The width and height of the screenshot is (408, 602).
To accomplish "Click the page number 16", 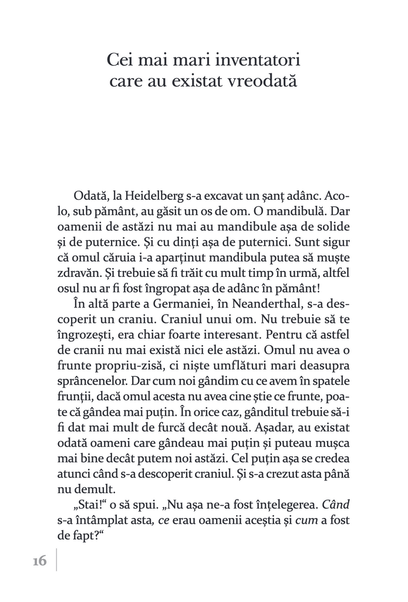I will point(40,561).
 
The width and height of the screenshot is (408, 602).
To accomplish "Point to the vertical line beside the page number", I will point(57,560).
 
